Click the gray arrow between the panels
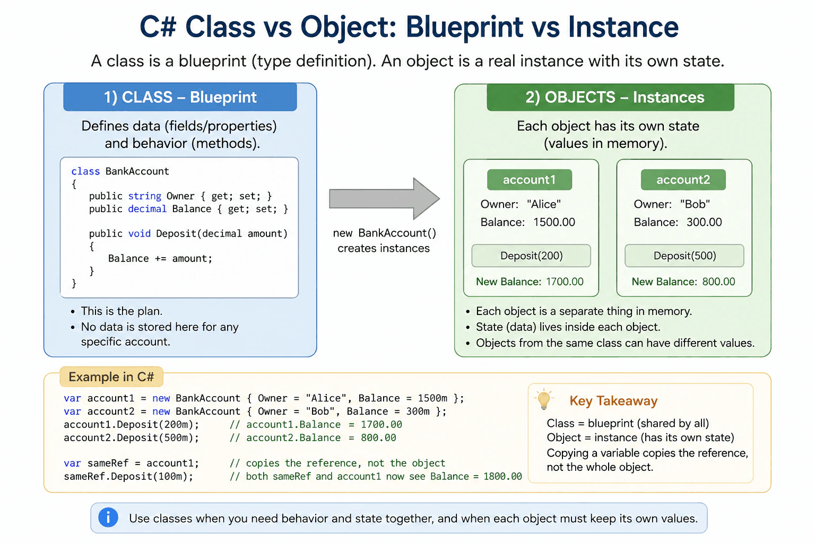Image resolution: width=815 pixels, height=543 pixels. click(384, 198)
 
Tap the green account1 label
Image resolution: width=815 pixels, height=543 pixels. click(530, 180)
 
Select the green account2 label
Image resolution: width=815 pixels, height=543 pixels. click(683, 180)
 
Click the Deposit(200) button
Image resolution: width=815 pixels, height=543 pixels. click(531, 256)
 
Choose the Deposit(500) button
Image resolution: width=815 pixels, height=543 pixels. click(684, 256)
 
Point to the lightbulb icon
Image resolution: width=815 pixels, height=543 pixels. click(544, 399)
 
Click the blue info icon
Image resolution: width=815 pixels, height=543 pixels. click(108, 517)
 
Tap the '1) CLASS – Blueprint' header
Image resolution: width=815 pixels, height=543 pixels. click(180, 97)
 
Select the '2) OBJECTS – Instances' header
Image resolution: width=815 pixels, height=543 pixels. click(611, 98)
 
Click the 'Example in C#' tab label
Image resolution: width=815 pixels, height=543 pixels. click(111, 377)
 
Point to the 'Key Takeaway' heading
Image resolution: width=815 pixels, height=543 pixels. click(613, 401)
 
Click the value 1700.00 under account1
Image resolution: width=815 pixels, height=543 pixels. click(565, 282)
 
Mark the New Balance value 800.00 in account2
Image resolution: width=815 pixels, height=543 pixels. click(718, 282)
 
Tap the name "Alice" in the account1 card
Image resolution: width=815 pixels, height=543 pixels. click(544, 204)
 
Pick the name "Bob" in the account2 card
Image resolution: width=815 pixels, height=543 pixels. click(695, 204)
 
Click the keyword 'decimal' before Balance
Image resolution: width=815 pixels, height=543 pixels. click(147, 209)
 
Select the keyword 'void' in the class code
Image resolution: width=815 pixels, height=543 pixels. click(140, 233)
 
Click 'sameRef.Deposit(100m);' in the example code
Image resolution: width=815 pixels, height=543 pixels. click(128, 476)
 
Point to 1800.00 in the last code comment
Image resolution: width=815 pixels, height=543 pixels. click(502, 476)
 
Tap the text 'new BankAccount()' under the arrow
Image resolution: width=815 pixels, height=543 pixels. click(384, 233)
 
